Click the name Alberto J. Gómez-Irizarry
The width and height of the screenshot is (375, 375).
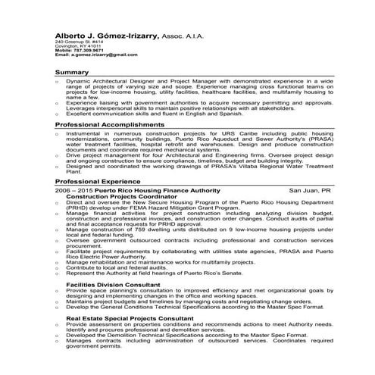click(104, 36)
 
